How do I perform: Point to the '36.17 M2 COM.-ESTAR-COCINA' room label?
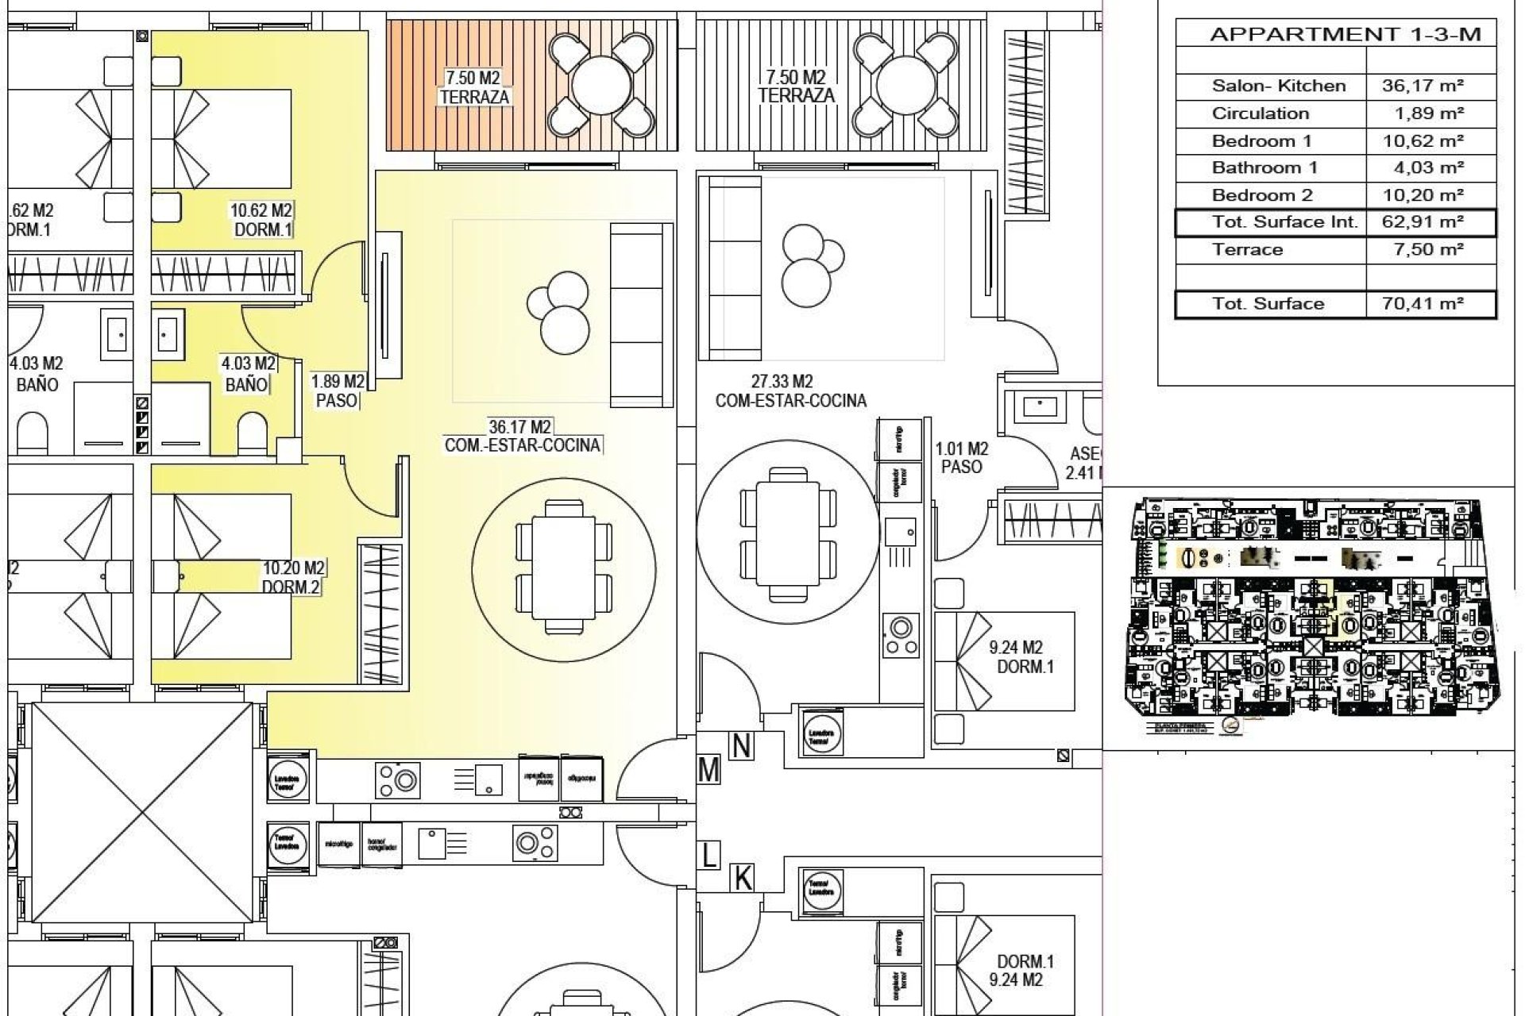click(x=522, y=436)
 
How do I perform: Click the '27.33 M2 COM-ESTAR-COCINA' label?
click(x=790, y=391)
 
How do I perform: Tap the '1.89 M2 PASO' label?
click(x=337, y=391)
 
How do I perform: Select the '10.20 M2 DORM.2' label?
click(x=292, y=578)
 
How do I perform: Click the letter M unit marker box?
click(x=708, y=770)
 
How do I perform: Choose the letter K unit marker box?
click(x=743, y=879)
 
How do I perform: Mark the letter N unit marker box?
click(x=740, y=746)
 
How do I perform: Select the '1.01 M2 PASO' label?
click(x=961, y=458)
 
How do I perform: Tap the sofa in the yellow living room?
click(x=640, y=315)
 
